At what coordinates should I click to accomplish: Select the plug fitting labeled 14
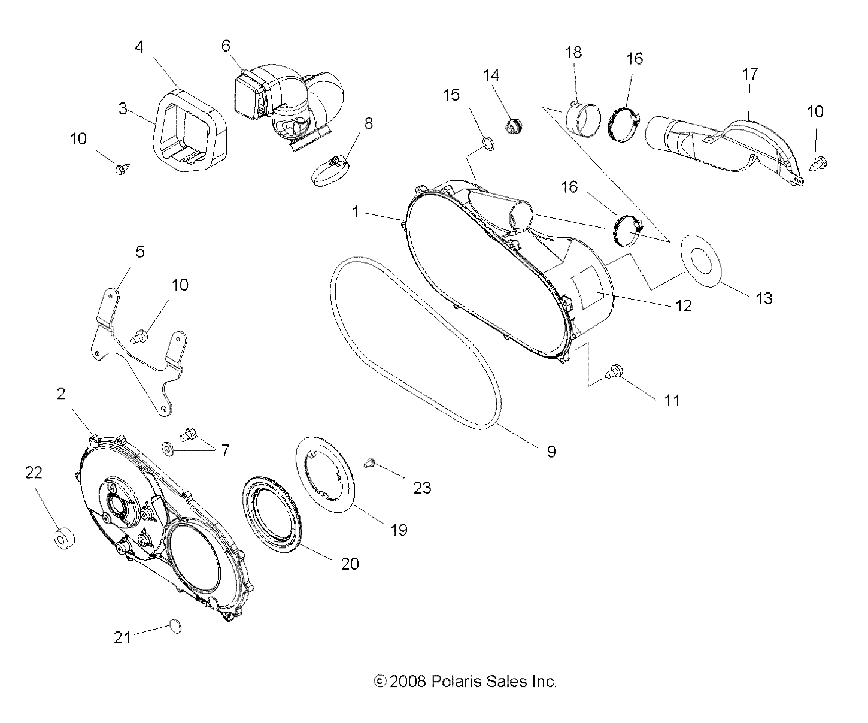[512, 127]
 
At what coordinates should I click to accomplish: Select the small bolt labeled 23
[369, 462]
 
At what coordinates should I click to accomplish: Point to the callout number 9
[551, 451]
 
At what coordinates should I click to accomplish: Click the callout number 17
[749, 74]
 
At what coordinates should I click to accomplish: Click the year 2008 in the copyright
[407, 682]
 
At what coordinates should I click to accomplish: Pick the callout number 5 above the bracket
[139, 251]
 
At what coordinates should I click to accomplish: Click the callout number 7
[225, 450]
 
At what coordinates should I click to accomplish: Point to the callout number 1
[356, 212]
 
